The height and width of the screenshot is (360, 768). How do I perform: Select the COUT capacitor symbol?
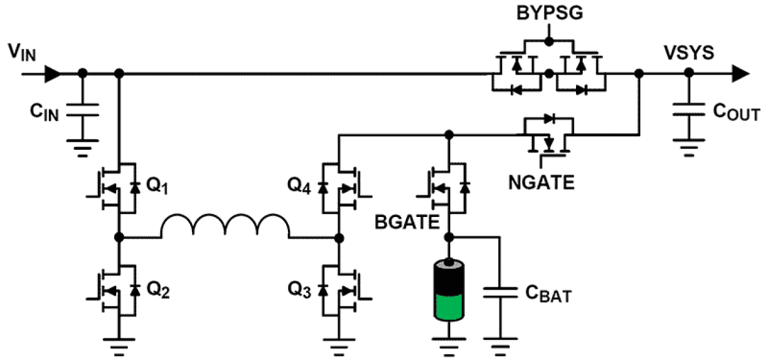pyautogui.click(x=688, y=111)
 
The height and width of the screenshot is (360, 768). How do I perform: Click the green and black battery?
pyautogui.click(x=449, y=290)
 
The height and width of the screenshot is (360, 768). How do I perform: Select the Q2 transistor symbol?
pyautogui.click(x=116, y=291)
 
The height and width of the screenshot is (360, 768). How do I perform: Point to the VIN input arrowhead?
pyautogui.click(x=53, y=73)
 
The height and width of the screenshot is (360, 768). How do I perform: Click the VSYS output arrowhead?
pyautogui.click(x=740, y=73)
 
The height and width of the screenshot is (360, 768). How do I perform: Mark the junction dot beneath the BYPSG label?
pyautogui.click(x=548, y=41)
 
